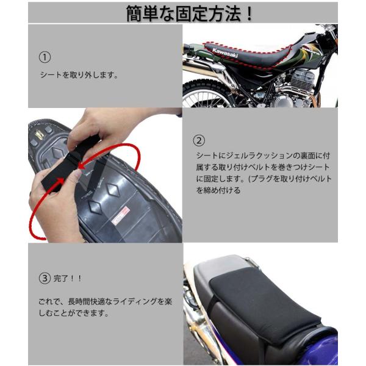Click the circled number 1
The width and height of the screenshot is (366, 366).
pos(44,57)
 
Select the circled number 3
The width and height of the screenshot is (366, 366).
pos(44,278)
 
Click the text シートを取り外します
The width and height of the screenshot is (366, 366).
pos(77,76)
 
